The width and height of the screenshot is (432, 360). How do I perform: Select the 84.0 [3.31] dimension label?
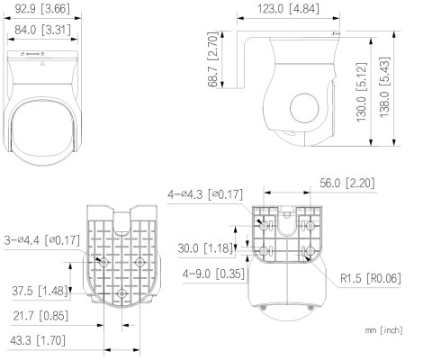tap(42, 28)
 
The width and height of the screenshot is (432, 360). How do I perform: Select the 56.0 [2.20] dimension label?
tap(346, 184)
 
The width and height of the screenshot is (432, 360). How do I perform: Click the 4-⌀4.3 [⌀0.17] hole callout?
tap(205, 193)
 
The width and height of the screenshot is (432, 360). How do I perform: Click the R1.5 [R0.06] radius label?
tap(371, 280)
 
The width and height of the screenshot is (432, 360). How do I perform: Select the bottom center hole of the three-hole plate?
tap(121, 293)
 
